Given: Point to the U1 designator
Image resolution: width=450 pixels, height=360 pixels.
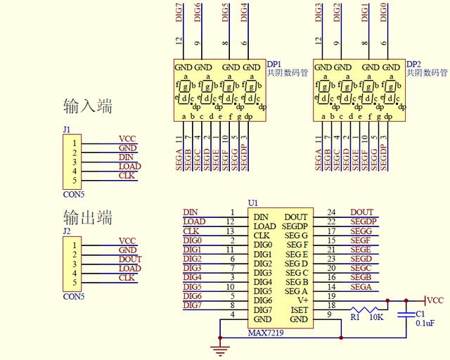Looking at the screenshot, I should [x=253, y=203].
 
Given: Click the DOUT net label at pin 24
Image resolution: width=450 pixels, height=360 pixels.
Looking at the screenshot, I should [x=361, y=212].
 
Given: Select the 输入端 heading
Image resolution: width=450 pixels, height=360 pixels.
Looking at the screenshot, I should [x=88, y=107].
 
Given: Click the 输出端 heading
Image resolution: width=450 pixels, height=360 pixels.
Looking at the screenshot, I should [x=88, y=217].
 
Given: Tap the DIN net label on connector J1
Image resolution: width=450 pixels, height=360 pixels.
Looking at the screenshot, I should [x=127, y=157].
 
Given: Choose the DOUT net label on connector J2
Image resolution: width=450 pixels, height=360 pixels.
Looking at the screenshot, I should [x=129, y=259].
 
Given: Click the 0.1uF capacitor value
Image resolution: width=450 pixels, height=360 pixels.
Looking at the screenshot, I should [x=425, y=323].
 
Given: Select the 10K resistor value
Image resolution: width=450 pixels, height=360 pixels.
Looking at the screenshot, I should [x=376, y=318].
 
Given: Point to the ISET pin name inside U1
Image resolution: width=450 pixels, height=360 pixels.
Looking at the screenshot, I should [x=299, y=310].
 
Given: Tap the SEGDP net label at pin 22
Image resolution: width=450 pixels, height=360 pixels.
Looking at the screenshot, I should [x=364, y=221].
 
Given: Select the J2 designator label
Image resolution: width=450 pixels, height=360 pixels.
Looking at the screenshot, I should [x=67, y=231].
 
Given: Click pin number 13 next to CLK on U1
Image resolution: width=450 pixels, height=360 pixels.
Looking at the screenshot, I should [x=230, y=231].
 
